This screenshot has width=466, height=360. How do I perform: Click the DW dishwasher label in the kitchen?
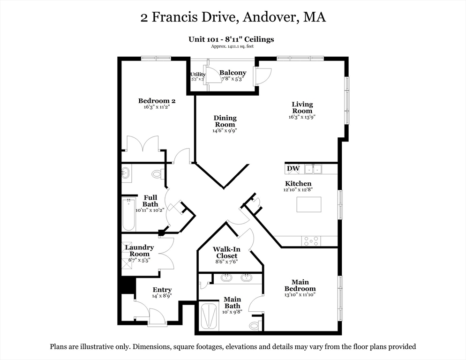pyautogui.click(x=293, y=169)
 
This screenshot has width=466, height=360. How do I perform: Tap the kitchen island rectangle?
pyautogui.click(x=309, y=204)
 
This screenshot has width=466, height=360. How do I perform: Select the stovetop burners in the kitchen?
pyautogui.click(x=311, y=241)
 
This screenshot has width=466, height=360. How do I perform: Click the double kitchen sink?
pyautogui.click(x=313, y=169)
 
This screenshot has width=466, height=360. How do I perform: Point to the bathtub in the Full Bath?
pyautogui.click(x=128, y=215)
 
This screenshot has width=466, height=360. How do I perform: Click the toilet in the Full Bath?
pyautogui.click(x=157, y=173)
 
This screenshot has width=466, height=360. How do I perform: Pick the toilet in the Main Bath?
pyautogui.click(x=256, y=325)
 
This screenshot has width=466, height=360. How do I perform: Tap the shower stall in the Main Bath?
pyautogui.click(x=209, y=316)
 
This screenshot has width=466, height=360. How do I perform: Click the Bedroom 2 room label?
pyautogui.click(x=157, y=101)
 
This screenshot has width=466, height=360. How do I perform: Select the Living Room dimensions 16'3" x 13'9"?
pyautogui.click(x=302, y=117)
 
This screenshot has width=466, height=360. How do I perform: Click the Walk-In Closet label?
pyautogui.click(x=226, y=253)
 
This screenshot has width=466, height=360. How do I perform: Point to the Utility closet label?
pyautogui.click(x=198, y=75)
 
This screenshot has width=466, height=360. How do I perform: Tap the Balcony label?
pyautogui.click(x=233, y=73)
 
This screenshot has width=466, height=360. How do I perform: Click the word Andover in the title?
pyautogui.click(x=270, y=17)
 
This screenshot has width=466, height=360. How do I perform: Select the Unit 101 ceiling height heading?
pyautogui.click(x=231, y=39)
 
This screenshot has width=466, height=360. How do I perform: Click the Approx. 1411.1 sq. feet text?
pyautogui.click(x=232, y=46)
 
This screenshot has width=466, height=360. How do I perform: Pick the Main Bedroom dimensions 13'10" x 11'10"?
pyautogui.click(x=300, y=294)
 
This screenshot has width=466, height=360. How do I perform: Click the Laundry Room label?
pyautogui.click(x=139, y=251)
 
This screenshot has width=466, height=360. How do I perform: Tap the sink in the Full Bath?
pyautogui.click(x=126, y=172)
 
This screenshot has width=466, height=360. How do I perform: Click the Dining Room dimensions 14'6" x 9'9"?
pyautogui.click(x=225, y=130)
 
